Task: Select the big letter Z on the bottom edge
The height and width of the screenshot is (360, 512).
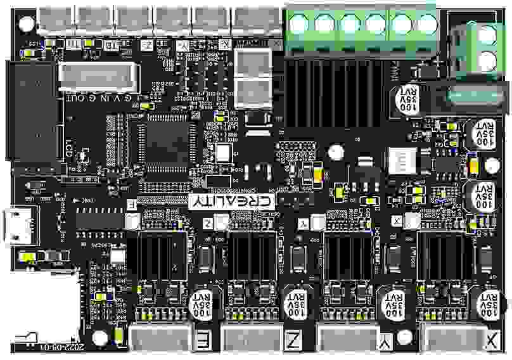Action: (x=293, y=341)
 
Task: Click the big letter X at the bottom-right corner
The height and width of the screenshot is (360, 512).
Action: (x=492, y=341)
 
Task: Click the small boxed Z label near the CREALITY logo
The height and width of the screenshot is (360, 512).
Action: (x=208, y=223)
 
